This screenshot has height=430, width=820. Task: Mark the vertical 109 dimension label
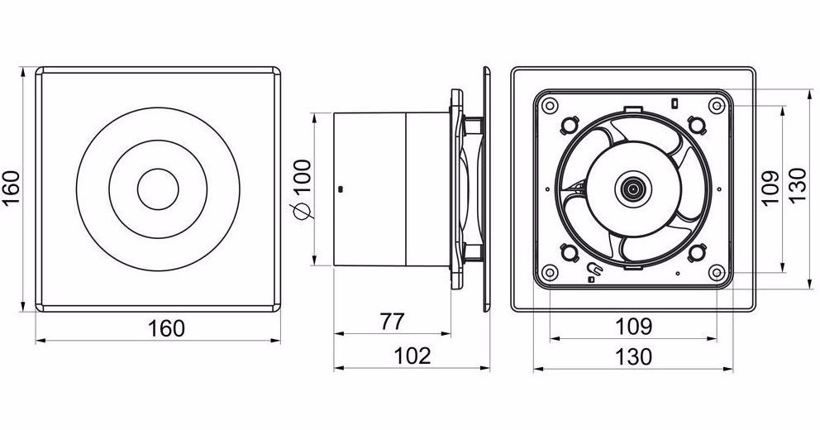(x=767, y=189)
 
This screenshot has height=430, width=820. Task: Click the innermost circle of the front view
(x=157, y=189)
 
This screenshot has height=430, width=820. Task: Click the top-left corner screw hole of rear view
(x=549, y=105)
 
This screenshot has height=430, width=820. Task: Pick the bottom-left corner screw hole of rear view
(x=549, y=272)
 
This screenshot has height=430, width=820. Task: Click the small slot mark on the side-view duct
(x=340, y=189)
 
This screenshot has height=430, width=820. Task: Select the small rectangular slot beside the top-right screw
(x=675, y=103)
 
